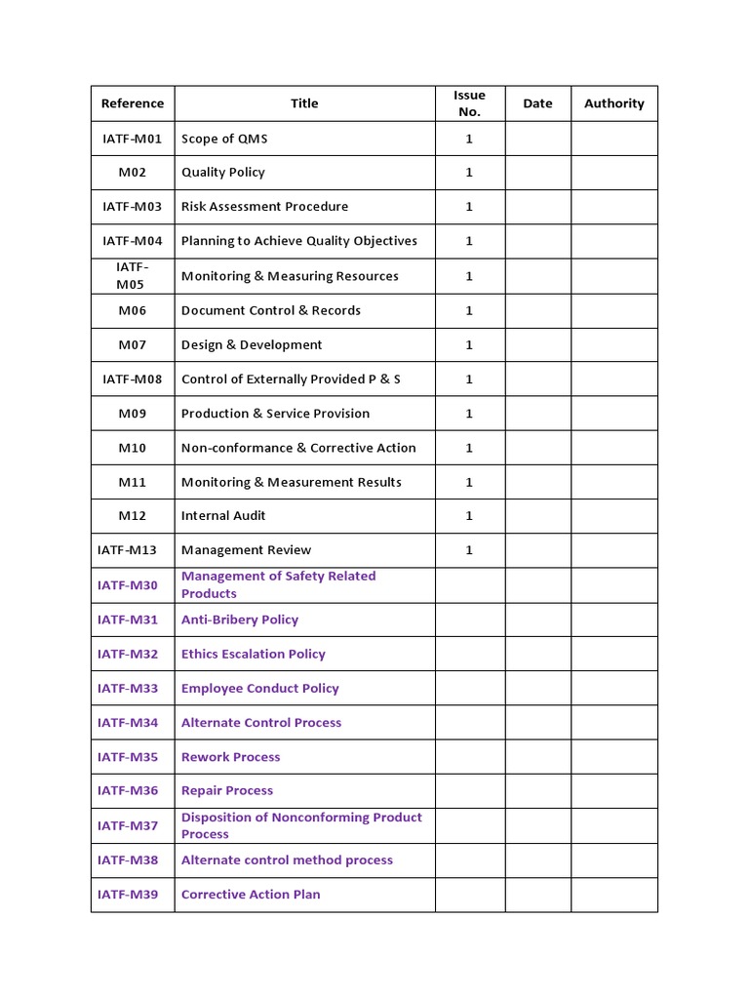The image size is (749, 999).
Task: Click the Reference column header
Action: [133, 103]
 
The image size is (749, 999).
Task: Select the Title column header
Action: [304, 103]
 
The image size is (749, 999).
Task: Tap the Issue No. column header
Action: [469, 103]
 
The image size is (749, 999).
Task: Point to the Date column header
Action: [537, 103]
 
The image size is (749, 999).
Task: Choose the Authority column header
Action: [614, 103]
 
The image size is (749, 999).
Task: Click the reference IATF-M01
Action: [133, 139]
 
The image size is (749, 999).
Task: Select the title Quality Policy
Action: [223, 173]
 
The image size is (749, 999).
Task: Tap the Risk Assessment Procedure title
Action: [264, 207]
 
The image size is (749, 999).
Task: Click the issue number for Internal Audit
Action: [469, 516]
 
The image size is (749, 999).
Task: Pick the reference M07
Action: [133, 345]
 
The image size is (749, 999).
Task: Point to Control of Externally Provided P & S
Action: [291, 380]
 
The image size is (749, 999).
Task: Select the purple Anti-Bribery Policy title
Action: [240, 619]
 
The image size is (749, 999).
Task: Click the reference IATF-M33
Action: [128, 689]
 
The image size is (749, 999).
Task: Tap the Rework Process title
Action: [231, 757]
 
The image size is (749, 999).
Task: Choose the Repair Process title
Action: [227, 791]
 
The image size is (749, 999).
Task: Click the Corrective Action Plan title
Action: [251, 895]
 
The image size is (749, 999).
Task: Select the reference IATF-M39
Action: [128, 895]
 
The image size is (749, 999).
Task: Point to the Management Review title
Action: [247, 550]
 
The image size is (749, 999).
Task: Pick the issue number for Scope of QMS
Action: [469, 139]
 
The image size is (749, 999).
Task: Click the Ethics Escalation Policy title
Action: [254, 655]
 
